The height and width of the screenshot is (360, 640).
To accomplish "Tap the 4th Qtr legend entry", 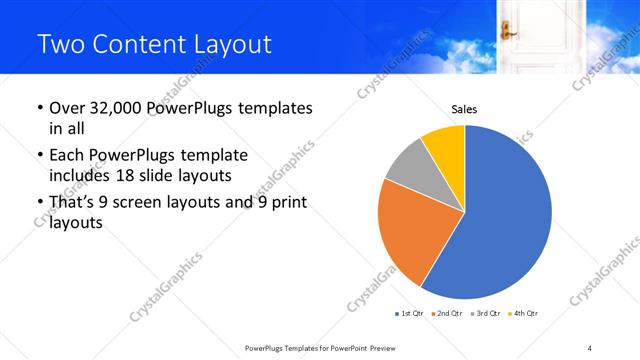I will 525,314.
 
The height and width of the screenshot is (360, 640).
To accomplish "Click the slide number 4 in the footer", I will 590,347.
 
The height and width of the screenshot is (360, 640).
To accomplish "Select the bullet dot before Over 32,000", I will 39,108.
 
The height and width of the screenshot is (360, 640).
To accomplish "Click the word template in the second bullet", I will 215,155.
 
